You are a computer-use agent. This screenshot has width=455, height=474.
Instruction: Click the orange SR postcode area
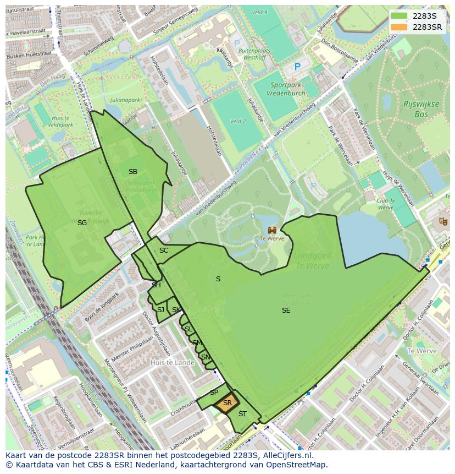point(226,403)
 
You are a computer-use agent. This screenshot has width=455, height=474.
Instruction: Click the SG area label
point(82,223)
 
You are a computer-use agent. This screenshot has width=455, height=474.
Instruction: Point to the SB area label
point(132,172)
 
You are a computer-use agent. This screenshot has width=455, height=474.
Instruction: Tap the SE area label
point(286,310)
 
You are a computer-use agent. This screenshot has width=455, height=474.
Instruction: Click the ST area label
point(242,414)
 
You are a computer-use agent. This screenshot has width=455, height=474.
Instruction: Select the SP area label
point(214,393)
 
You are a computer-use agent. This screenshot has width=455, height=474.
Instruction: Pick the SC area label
point(163,250)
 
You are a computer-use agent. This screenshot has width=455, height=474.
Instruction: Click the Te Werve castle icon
point(272,230)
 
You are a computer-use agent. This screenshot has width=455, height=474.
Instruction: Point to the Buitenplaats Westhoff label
point(252,53)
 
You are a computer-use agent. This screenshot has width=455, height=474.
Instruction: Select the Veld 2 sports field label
point(237,121)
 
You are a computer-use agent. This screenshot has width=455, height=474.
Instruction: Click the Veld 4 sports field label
point(259,12)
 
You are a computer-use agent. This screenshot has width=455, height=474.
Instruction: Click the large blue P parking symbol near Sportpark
point(297,67)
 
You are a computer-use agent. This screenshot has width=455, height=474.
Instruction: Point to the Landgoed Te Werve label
point(311,261)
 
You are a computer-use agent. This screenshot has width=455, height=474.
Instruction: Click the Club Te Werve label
point(385,204)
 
